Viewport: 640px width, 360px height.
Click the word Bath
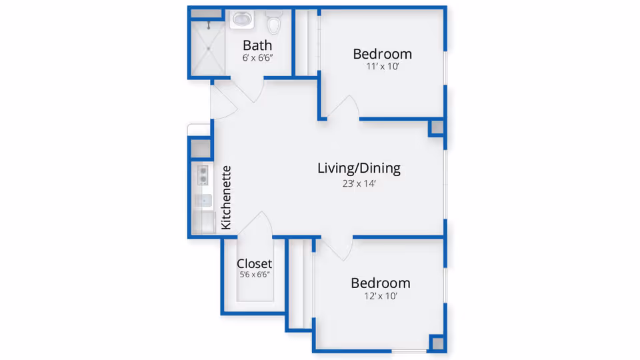pyautogui.click(x=257, y=45)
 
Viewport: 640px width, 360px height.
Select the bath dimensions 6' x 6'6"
pyautogui.click(x=257, y=58)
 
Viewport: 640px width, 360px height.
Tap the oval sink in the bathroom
pyautogui.click(x=241, y=19)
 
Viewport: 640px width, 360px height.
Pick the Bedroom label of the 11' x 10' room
pyautogui.click(x=382, y=54)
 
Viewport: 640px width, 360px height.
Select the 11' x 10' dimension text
pyautogui.click(x=382, y=67)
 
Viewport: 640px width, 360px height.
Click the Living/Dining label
pyautogui.click(x=359, y=168)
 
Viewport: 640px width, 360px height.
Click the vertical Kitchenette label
pyautogui.click(x=226, y=197)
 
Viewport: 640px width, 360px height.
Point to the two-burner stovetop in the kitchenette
pyautogui.click(x=203, y=175)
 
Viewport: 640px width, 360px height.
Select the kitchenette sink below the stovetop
pyautogui.click(x=203, y=200)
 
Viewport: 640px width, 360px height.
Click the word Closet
pyautogui.click(x=254, y=263)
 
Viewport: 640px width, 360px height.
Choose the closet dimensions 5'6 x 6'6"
pyautogui.click(x=254, y=275)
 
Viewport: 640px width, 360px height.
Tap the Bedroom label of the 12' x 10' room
pyautogui.click(x=380, y=283)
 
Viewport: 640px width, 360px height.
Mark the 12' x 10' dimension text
pyautogui.click(x=380, y=296)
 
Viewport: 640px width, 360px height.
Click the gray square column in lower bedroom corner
pyautogui.click(x=437, y=343)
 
